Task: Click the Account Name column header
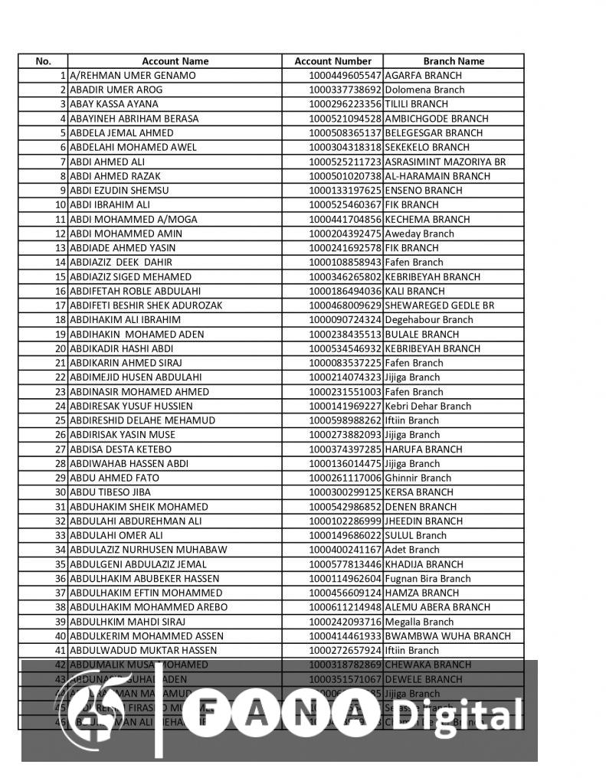click(175, 61)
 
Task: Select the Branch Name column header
click(454, 61)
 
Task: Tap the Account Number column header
click(333, 61)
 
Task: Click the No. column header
click(44, 61)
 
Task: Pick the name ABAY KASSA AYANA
click(114, 104)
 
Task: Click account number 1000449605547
click(345, 76)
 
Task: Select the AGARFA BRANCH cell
click(423, 76)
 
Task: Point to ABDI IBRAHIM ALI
click(110, 205)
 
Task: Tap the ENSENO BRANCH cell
click(424, 191)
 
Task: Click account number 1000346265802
click(345, 277)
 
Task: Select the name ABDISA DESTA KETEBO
click(120, 449)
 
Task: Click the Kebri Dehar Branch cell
click(428, 407)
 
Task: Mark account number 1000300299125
click(345, 492)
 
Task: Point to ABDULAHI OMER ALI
click(116, 535)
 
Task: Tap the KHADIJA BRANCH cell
click(424, 564)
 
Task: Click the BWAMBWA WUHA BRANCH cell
click(447, 636)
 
